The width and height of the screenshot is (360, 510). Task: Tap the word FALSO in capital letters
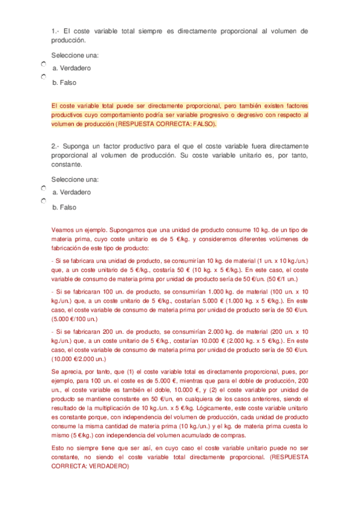[x=201, y=124]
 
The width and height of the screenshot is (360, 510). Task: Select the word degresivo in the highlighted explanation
[x=254, y=114]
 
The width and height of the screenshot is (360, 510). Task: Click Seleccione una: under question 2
[x=75, y=179]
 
